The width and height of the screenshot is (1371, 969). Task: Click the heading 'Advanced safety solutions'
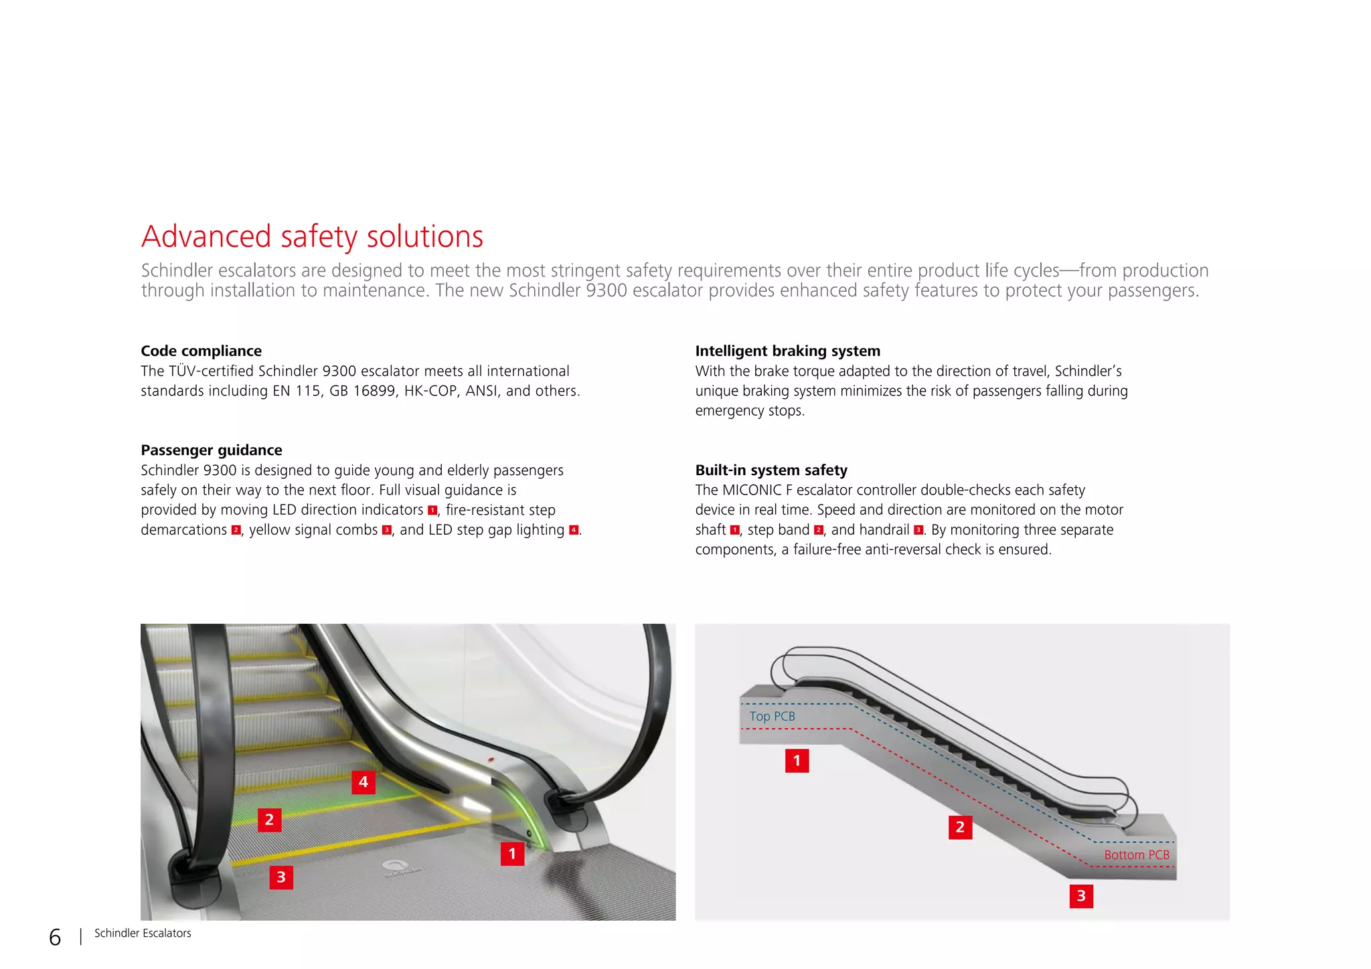click(312, 237)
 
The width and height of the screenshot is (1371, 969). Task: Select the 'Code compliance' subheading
click(201, 351)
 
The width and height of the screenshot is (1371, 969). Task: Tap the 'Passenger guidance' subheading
click(211, 450)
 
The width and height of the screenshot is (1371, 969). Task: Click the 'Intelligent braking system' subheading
click(787, 351)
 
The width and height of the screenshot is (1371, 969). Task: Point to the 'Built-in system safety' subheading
click(771, 470)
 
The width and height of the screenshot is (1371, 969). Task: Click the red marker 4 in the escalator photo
click(363, 782)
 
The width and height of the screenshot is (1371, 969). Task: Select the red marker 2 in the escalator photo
click(269, 819)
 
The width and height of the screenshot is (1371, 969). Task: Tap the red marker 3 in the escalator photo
click(281, 877)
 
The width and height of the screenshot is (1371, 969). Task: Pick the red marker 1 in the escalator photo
click(512, 853)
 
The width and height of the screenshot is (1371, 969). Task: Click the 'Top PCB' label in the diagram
click(772, 716)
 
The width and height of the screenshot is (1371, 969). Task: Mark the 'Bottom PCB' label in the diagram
click(1136, 855)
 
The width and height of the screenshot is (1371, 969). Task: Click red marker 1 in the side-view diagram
click(797, 760)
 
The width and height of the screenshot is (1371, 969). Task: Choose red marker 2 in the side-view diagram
click(960, 827)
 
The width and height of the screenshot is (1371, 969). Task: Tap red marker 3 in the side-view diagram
click(1080, 895)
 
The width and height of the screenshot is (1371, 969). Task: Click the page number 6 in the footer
click(55, 937)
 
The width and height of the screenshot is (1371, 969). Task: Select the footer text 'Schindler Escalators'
click(143, 933)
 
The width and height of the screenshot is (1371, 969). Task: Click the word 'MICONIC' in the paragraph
click(752, 490)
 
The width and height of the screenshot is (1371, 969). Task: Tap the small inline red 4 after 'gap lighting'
click(573, 530)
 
